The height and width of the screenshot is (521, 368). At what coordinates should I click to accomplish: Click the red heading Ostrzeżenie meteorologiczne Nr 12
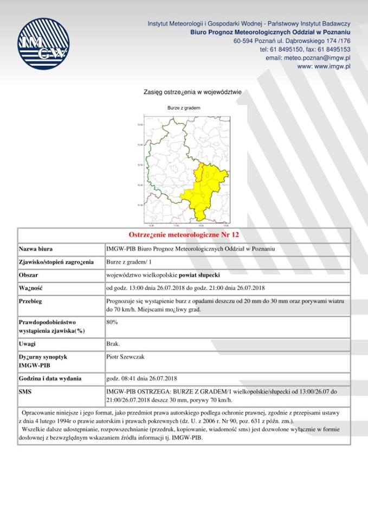[184, 235]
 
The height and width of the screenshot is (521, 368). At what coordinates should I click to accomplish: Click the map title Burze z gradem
[184, 108]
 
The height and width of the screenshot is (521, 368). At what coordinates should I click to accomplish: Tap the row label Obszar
[29, 275]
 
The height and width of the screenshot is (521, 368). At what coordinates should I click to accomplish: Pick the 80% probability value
[112, 322]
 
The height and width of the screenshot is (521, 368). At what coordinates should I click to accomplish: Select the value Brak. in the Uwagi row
[113, 344]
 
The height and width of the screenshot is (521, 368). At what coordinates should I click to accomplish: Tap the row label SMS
[25, 391]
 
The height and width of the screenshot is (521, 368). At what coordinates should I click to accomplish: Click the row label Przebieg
[31, 301]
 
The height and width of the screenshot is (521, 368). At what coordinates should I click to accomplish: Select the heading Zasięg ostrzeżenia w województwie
[192, 92]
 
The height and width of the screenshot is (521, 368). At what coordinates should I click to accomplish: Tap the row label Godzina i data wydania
[50, 378]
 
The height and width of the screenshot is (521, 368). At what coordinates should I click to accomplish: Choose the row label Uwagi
[27, 344]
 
